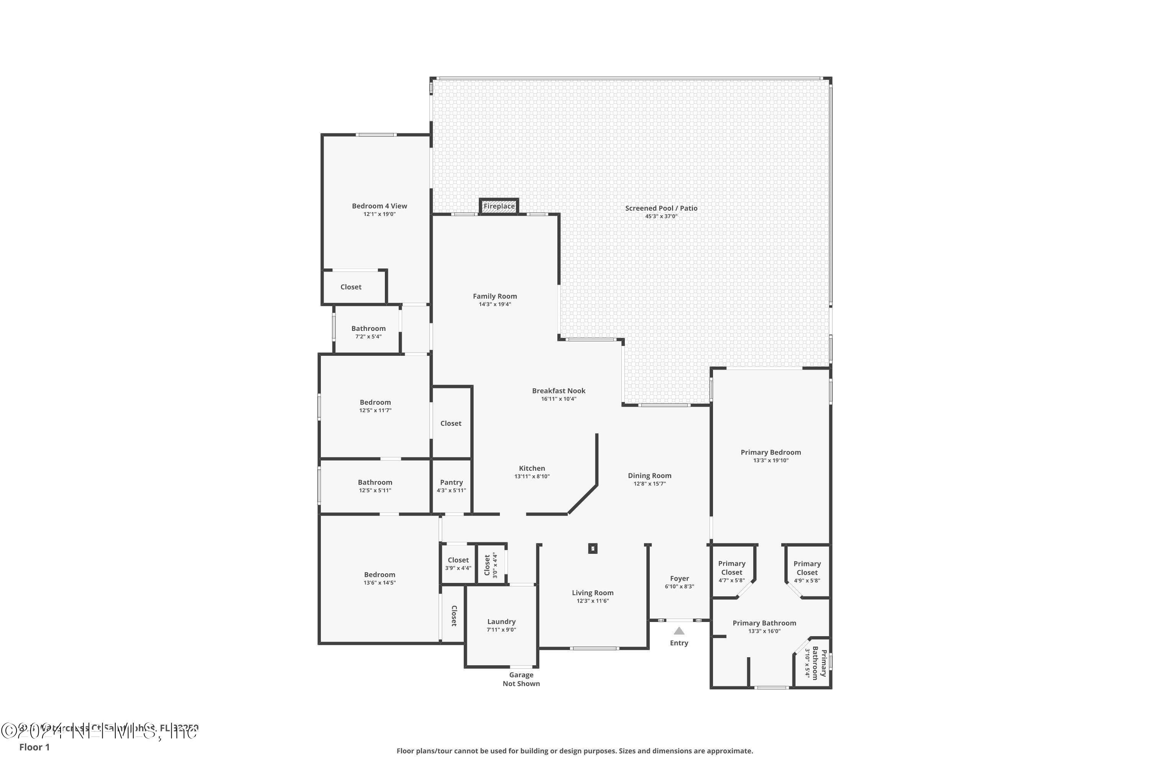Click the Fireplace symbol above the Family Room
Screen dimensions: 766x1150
(x=499, y=206)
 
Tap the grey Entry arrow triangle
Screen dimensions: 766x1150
(x=679, y=631)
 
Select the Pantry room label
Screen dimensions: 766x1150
(x=451, y=482)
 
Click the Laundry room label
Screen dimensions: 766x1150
(x=501, y=621)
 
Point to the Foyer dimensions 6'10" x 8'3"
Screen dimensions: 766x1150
(x=679, y=586)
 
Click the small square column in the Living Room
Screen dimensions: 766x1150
(x=593, y=548)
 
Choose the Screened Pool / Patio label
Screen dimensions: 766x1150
(x=661, y=208)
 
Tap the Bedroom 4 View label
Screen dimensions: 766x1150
(x=379, y=206)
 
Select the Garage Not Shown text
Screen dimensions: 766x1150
(x=521, y=679)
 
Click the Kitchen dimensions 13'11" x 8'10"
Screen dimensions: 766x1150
(x=532, y=476)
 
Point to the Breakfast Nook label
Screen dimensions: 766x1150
(x=559, y=391)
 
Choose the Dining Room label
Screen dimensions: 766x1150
(x=649, y=475)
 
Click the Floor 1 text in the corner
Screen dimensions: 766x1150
(x=34, y=747)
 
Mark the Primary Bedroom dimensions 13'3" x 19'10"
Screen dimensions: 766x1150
(x=770, y=460)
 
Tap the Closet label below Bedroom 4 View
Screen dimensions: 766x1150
(x=351, y=287)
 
